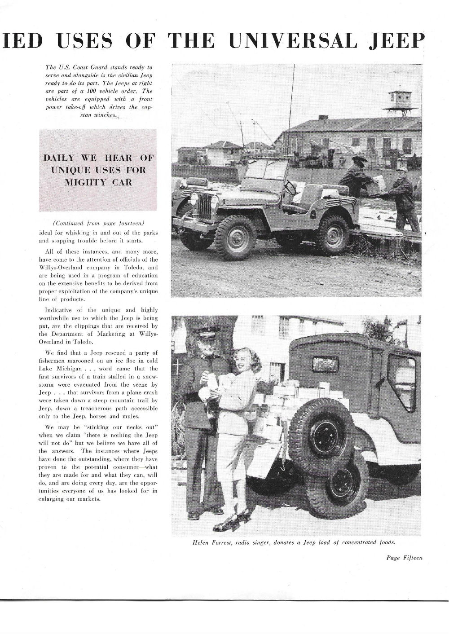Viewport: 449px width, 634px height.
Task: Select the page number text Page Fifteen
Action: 404,558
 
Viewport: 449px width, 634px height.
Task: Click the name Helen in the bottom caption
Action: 202,542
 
